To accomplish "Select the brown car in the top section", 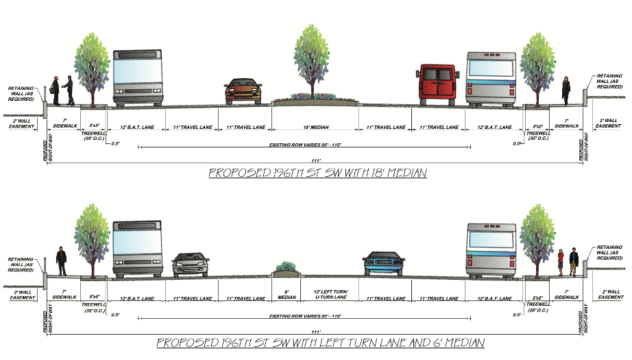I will (x=243, y=91).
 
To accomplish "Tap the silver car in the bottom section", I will (x=191, y=264).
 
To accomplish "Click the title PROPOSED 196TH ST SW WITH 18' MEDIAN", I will (x=317, y=173).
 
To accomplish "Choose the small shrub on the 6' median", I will (x=286, y=267).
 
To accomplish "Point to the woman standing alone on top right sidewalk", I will (x=566, y=90).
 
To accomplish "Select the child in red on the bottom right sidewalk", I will (x=561, y=261).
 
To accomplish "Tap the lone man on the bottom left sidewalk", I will (x=61, y=261).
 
